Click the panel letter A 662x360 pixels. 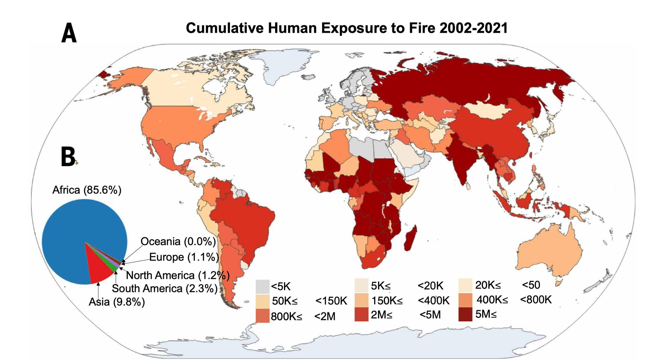click(69, 33)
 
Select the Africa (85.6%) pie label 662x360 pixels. click(87, 190)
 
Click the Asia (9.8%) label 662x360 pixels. click(117, 302)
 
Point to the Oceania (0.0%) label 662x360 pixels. click(178, 241)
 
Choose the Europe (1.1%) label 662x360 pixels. click(184, 257)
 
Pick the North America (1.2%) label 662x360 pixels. click(178, 275)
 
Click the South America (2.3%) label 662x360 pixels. click(165, 288)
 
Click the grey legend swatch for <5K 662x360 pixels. click(262, 286)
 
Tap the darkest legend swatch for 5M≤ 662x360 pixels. click(465, 314)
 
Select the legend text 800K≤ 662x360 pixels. click(286, 317)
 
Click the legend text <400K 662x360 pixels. click(434, 301)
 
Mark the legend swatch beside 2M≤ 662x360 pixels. click(361, 314)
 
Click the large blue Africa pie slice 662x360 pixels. click(73, 232)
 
